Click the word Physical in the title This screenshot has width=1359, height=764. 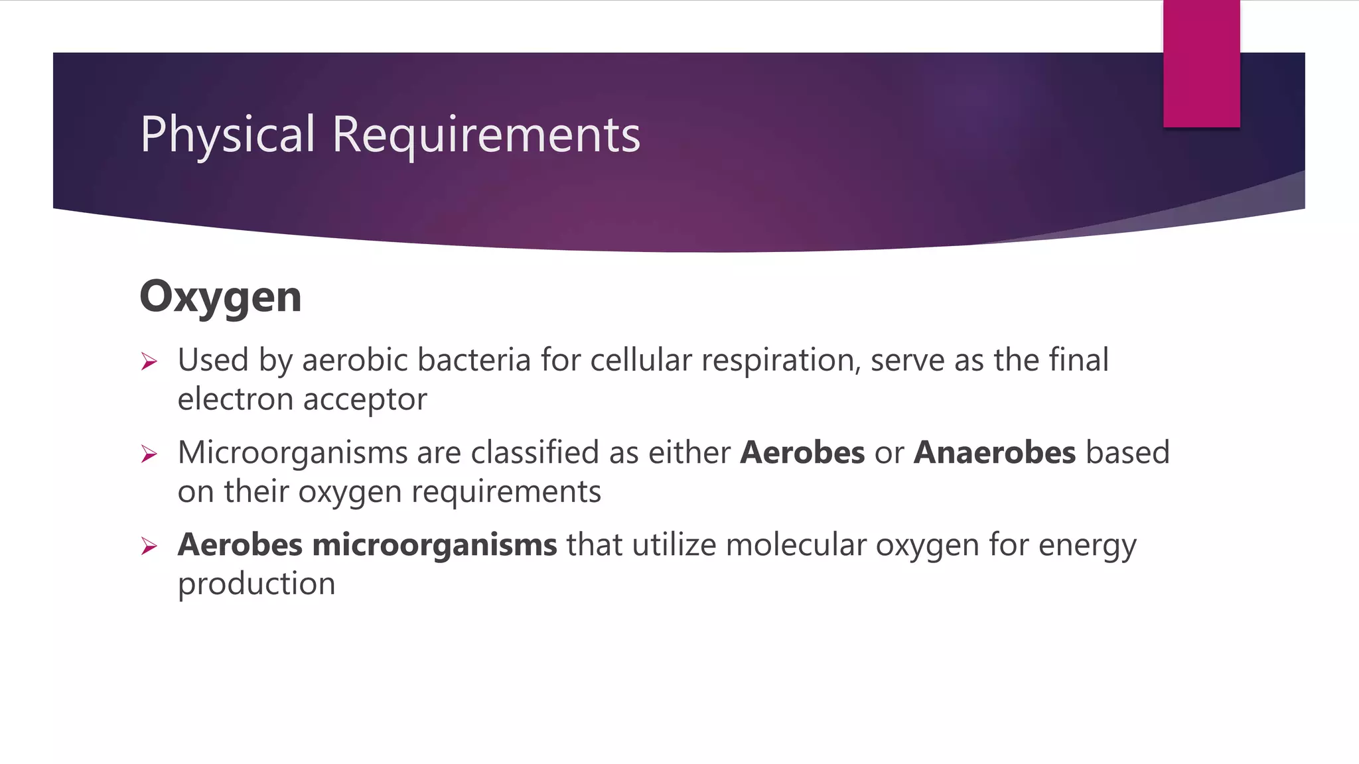[x=227, y=135]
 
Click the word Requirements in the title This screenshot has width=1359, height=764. [x=486, y=135]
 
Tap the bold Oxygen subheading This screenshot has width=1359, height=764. [x=220, y=296]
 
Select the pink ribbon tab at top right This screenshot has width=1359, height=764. [x=1201, y=64]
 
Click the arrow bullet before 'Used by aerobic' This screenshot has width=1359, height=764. [x=149, y=361]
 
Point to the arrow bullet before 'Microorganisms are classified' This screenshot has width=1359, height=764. [x=149, y=454]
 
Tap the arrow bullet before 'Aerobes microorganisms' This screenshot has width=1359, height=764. [x=149, y=546]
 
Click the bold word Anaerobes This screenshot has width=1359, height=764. [x=994, y=453]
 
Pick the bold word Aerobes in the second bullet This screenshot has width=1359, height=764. [x=802, y=453]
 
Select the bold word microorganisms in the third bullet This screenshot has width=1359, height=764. [x=435, y=545]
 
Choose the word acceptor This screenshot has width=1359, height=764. [x=365, y=399]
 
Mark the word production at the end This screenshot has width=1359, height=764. [x=256, y=584]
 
